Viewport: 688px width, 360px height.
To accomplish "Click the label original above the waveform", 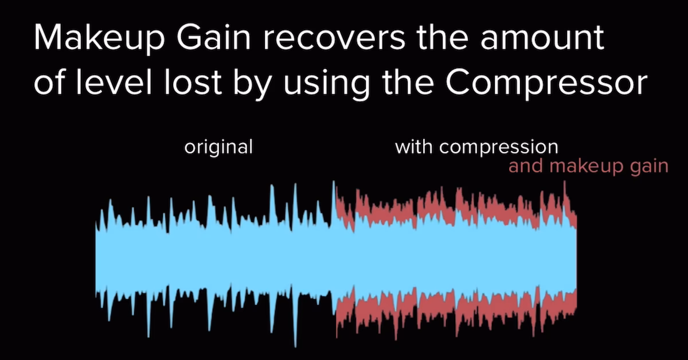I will [x=218, y=147].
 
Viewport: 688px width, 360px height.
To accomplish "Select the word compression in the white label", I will [x=499, y=147].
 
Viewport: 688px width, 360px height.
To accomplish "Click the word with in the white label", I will [x=415, y=147].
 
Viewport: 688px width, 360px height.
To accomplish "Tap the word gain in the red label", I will [x=648, y=167].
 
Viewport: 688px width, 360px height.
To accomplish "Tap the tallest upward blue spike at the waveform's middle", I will [x=333, y=192].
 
